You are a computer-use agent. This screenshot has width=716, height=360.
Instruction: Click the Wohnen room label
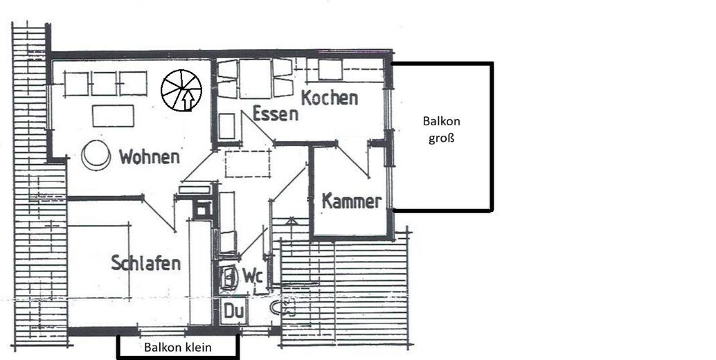(149, 156)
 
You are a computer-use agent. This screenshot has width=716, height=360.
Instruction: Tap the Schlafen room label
(146, 263)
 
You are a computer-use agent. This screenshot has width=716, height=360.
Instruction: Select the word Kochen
(330, 98)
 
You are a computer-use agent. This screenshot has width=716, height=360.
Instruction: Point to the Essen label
(275, 114)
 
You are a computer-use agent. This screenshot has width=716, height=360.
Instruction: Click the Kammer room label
(352, 202)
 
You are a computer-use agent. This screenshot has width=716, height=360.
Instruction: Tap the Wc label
(251, 276)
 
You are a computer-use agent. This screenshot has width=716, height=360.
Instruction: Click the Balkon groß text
(441, 129)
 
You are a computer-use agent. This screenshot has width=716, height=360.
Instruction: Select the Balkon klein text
(178, 348)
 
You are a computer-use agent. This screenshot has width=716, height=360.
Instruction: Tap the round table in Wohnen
(96, 154)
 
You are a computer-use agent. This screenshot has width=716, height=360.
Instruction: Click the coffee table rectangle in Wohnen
(113, 116)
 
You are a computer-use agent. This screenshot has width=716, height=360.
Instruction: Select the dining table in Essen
(256, 78)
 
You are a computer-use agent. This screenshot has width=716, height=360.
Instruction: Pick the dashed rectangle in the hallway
(247, 163)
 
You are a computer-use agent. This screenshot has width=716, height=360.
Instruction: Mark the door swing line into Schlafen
(160, 215)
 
